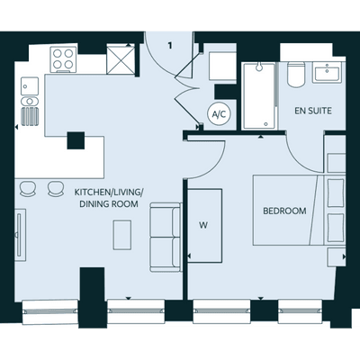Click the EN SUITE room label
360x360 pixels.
tap(313, 111)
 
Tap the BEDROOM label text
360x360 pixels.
tap(284, 211)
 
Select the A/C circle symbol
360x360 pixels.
tap(220, 114)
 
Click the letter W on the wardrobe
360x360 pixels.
tap(203, 225)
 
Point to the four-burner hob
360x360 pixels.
tap(63, 59)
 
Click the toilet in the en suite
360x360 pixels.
tap(296, 74)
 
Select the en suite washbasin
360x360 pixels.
tap(327, 73)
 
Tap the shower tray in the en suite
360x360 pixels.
tap(259, 96)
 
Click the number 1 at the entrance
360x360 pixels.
tap(170, 46)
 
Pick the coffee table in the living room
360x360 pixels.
tap(122, 235)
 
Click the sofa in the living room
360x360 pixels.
tap(166, 238)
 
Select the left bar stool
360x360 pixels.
tap(27, 189)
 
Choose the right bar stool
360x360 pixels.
tap(56, 189)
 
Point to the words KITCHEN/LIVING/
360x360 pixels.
tap(109, 192)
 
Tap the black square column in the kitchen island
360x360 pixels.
tap(76, 140)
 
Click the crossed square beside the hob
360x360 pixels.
tap(121, 59)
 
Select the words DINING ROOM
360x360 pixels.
tap(109, 204)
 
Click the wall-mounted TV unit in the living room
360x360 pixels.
tap(20, 235)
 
